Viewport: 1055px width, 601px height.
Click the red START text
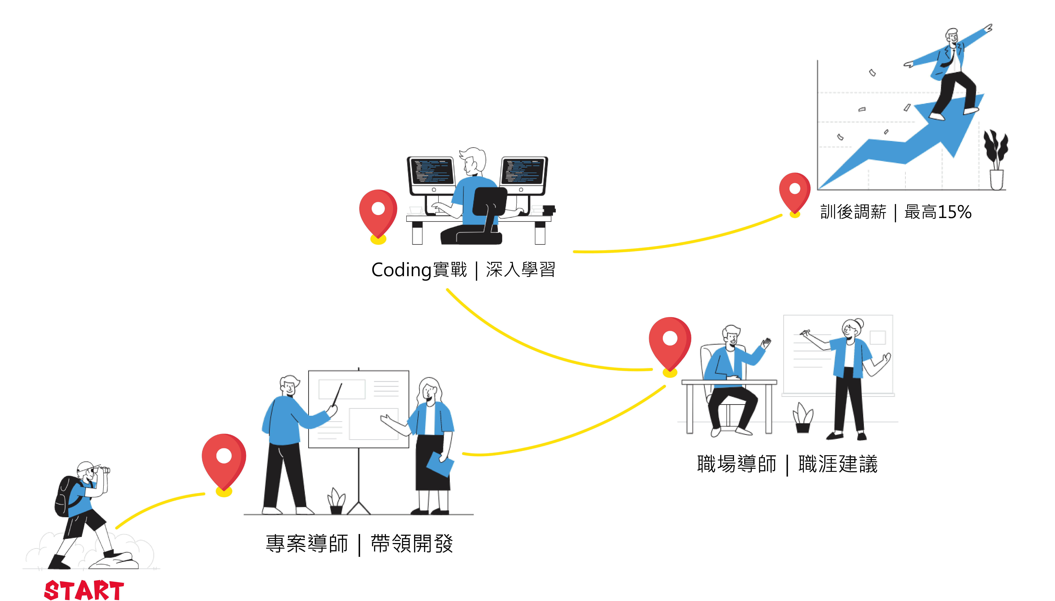coord(84,589)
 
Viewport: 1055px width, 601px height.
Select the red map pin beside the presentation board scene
coord(224,460)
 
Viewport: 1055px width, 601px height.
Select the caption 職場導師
coord(736,464)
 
